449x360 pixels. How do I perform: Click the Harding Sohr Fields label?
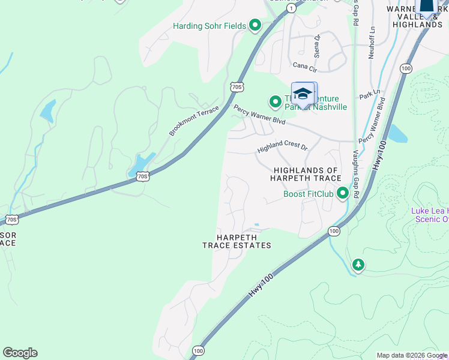[209, 26]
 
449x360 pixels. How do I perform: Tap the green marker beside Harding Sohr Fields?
[255, 25]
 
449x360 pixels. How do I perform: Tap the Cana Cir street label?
[304, 65]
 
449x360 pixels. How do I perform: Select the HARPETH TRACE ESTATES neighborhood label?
[237, 241]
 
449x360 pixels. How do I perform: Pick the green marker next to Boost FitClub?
[343, 193]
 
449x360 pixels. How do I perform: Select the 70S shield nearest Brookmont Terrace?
[237, 87]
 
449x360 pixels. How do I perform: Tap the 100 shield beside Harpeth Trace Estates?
[334, 231]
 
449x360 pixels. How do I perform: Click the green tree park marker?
[358, 265]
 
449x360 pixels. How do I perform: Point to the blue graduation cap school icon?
[304, 95]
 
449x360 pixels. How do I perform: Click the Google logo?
[20, 353]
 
